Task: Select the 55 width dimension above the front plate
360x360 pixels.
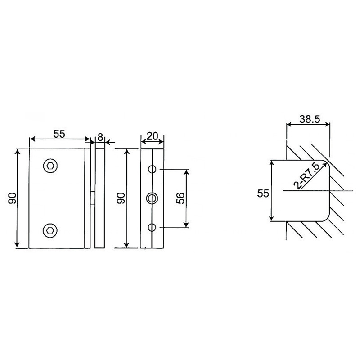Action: [x=59, y=134]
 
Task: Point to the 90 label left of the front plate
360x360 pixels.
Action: [x=12, y=198]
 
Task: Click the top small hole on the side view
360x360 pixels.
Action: [x=153, y=169]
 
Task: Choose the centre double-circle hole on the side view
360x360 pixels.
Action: [x=153, y=198]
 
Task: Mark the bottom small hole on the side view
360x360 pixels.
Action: [x=153, y=226]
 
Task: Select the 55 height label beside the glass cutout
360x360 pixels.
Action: [x=263, y=193]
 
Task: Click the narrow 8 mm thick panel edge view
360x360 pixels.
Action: [x=100, y=198]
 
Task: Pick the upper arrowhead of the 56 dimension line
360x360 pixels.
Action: [x=186, y=171]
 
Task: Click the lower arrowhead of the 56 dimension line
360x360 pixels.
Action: [x=186, y=225]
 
